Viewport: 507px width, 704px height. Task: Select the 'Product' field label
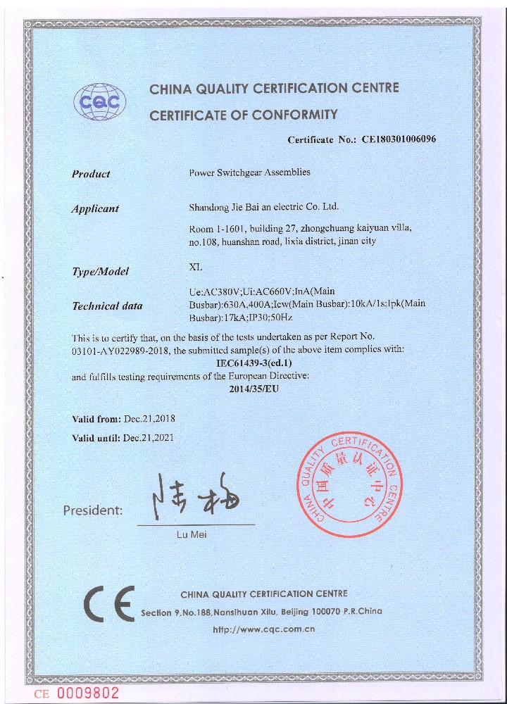tap(91, 174)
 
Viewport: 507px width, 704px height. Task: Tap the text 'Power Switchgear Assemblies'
tap(250, 172)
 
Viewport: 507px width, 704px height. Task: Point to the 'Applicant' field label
tap(95, 208)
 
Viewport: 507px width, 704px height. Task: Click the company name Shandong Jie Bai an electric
tap(264, 207)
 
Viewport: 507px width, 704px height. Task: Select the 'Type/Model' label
tap(100, 272)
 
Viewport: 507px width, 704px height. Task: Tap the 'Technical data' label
tap(107, 306)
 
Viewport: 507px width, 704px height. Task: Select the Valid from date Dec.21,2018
tap(149, 419)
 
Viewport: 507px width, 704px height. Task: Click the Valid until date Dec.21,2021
tap(148, 437)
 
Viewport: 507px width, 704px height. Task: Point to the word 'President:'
tap(92, 510)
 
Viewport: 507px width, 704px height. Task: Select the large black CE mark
tap(108, 603)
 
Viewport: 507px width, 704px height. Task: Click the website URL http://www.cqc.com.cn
tap(263, 629)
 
